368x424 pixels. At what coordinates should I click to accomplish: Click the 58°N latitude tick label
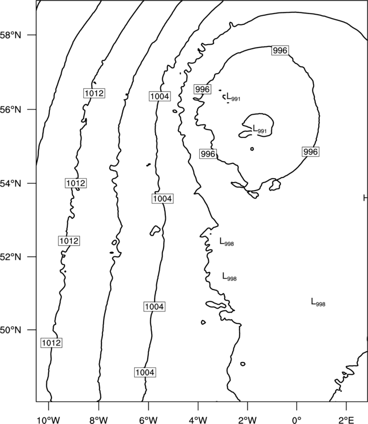(x=10, y=35)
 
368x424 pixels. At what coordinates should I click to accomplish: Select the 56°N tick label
(x=10, y=110)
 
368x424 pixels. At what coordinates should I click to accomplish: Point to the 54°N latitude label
(x=10, y=183)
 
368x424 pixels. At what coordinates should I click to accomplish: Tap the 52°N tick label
(x=10, y=257)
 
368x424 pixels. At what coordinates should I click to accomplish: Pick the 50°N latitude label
(x=10, y=330)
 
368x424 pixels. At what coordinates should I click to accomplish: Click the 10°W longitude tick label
(x=49, y=420)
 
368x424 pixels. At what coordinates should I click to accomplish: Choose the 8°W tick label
(x=99, y=420)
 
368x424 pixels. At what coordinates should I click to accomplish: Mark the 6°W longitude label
(x=148, y=420)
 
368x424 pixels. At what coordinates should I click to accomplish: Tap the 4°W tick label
(x=198, y=420)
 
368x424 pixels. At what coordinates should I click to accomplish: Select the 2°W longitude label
(x=247, y=420)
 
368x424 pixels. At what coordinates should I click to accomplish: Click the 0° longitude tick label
(x=297, y=420)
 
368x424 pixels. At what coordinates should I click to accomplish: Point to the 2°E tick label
(x=346, y=420)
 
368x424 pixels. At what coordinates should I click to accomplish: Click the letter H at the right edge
(x=366, y=198)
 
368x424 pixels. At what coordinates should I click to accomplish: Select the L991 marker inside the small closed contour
(x=260, y=129)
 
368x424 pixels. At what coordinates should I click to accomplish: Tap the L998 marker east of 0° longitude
(x=318, y=302)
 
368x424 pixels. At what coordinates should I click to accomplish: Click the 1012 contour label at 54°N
(x=76, y=183)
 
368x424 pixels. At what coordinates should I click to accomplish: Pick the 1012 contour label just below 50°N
(x=52, y=343)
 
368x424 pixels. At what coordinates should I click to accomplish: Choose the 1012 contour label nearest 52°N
(x=69, y=241)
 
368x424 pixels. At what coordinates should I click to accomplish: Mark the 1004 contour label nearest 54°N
(x=162, y=199)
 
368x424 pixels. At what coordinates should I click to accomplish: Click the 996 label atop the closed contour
(x=280, y=50)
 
